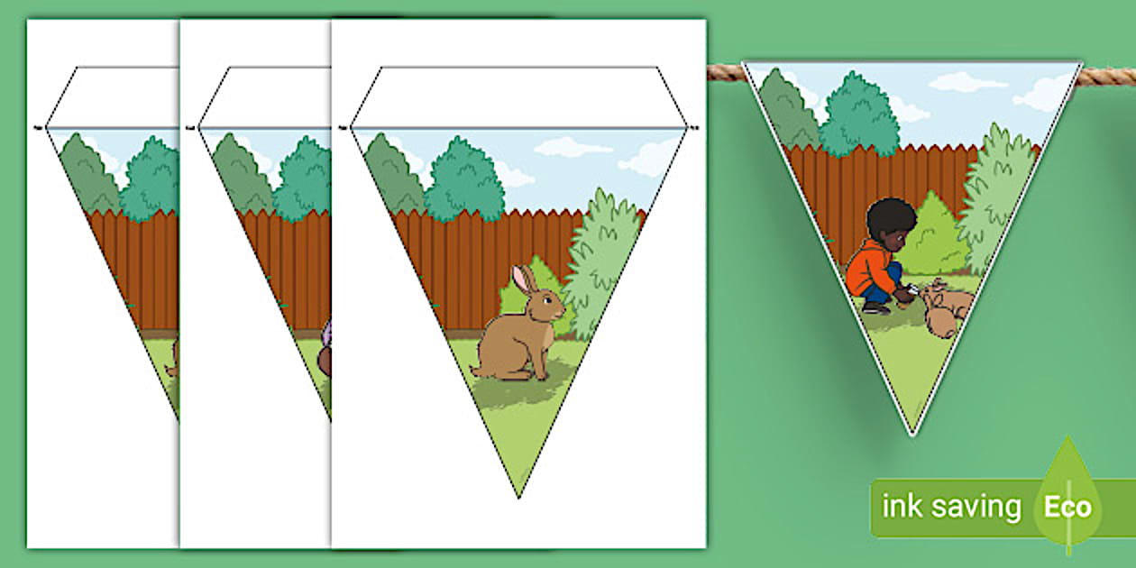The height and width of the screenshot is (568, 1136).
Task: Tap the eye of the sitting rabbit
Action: [546, 301]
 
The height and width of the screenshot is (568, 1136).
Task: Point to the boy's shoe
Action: [875, 307]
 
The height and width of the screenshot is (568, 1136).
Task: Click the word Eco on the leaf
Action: [1068, 507]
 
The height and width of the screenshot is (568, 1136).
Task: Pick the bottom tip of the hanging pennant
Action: [912, 435]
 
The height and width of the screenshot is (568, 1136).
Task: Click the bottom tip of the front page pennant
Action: [518, 498]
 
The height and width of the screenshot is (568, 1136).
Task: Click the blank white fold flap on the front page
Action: [518, 96]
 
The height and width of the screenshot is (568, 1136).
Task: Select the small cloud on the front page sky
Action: [573, 147]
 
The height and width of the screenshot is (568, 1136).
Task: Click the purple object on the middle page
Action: [328, 332]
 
